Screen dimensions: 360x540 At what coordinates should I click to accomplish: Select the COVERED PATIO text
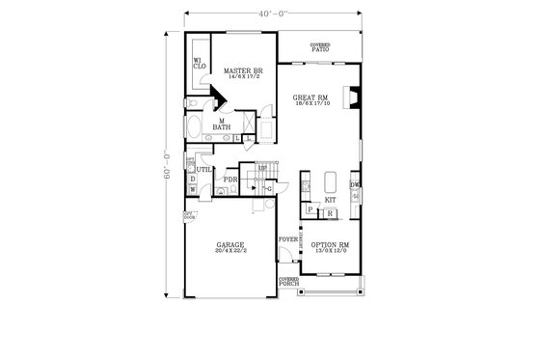pyautogui.click(x=319, y=47)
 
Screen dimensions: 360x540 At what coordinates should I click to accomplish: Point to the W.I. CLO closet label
pyautogui.click(x=197, y=65)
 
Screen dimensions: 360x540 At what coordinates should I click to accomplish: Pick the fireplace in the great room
pyautogui.click(x=353, y=97)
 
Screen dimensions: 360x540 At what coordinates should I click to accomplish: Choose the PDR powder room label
pyautogui.click(x=230, y=179)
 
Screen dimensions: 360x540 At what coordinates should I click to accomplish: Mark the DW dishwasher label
pyautogui.click(x=355, y=184)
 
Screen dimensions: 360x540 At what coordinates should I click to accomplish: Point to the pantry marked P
pyautogui.click(x=310, y=210)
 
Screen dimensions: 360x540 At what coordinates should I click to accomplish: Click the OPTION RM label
pyautogui.click(x=330, y=247)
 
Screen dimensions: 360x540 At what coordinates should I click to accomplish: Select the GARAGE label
pyautogui.click(x=230, y=248)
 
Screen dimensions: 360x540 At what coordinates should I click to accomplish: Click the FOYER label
pyautogui.click(x=286, y=236)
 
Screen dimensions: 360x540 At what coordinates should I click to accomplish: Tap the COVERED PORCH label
pyautogui.click(x=287, y=282)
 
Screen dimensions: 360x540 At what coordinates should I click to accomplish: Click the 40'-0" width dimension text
pyautogui.click(x=271, y=12)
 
